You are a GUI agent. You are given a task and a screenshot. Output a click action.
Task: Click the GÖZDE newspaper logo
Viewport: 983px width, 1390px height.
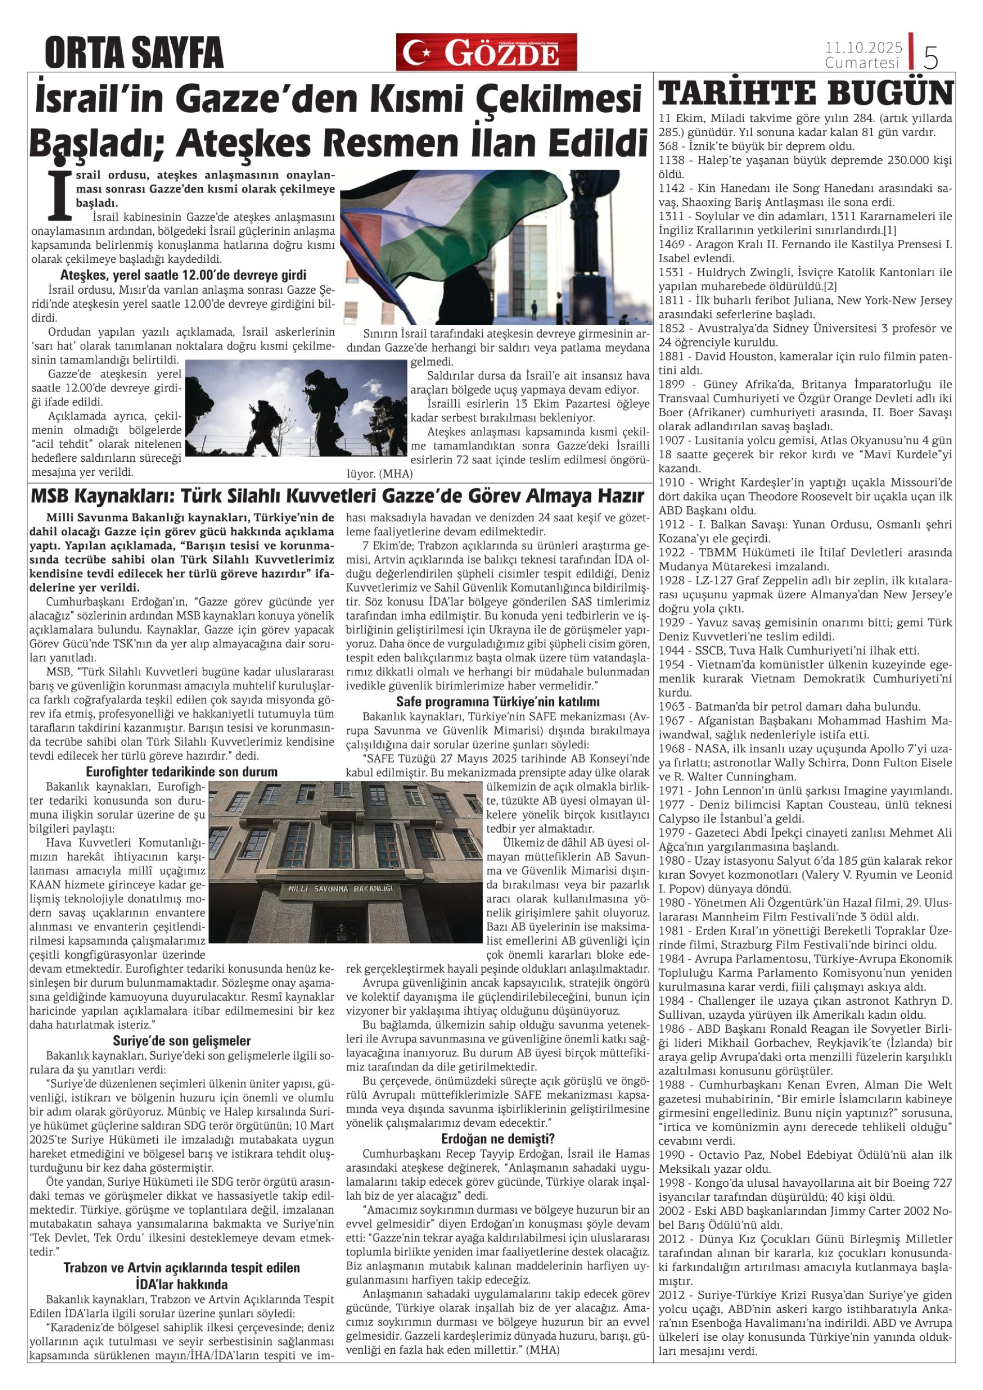tap(486, 53)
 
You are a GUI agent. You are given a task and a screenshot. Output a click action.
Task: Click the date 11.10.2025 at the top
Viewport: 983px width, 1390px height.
tap(863, 47)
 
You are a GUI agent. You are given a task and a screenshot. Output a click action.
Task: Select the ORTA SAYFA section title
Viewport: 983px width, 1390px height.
tap(134, 53)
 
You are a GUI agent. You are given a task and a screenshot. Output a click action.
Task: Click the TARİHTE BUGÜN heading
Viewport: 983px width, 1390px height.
tap(805, 94)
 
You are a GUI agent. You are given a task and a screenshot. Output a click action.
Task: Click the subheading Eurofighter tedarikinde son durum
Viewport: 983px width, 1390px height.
tap(182, 772)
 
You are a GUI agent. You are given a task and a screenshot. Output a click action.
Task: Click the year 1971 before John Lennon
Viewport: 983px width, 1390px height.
tap(671, 791)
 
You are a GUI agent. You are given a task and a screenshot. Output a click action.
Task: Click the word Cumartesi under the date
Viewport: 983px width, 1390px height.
tap(862, 63)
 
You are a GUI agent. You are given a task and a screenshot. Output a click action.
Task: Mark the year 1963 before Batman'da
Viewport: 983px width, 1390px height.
tap(671, 706)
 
